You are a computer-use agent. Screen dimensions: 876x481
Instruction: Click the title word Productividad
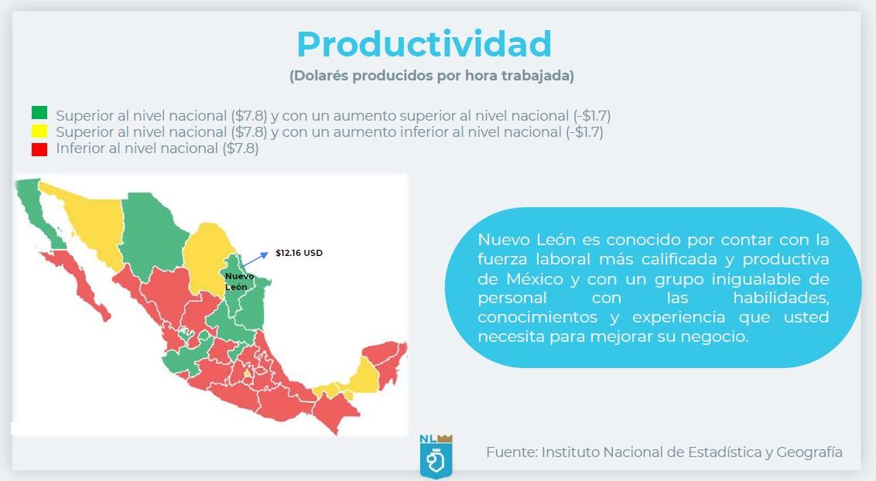tap(424, 44)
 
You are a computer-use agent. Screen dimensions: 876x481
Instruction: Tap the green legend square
tap(39, 113)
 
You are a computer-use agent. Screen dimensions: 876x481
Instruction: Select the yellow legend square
tap(39, 131)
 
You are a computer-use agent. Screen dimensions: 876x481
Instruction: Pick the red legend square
tap(39, 149)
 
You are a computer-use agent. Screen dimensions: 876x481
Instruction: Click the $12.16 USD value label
tap(299, 253)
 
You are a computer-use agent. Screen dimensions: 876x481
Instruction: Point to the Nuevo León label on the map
tap(239, 281)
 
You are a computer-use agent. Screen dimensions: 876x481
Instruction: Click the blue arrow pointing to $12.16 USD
tap(255, 259)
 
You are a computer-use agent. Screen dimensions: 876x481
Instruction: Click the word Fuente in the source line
tap(512, 452)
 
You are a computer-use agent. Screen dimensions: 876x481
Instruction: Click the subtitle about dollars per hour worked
tap(431, 76)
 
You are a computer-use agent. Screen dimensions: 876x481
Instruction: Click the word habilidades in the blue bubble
tap(781, 298)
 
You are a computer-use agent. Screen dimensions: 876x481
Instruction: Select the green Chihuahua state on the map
tap(152, 234)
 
